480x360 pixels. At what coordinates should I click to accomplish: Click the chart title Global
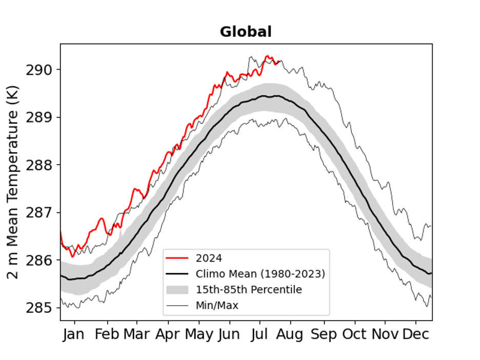246,32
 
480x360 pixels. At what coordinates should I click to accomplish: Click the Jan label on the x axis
74,334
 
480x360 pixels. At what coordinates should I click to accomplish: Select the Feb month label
108,334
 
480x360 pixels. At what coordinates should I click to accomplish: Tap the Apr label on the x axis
168,334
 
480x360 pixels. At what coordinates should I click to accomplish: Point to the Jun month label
229,334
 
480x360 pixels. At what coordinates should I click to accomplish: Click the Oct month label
354,334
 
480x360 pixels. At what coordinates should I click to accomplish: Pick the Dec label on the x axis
415,334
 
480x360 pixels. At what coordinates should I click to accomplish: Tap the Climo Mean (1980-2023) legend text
260,274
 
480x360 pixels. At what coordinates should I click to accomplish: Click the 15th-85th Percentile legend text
249,290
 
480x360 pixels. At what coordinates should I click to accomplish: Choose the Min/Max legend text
217,306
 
